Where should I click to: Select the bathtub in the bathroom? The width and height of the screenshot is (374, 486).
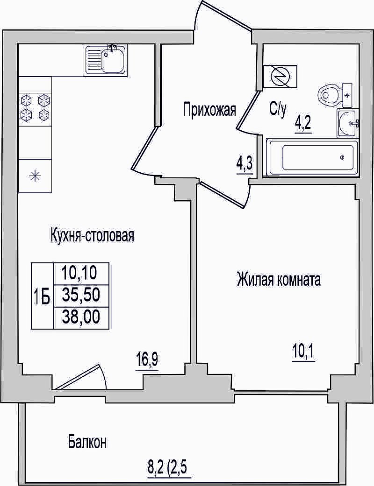[x=312, y=158]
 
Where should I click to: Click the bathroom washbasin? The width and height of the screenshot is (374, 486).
[x=347, y=123]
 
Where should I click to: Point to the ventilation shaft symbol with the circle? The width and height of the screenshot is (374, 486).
[x=280, y=76]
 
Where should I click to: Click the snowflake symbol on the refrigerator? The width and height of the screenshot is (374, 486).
[x=35, y=176]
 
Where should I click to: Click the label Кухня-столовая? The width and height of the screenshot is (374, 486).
[x=92, y=236]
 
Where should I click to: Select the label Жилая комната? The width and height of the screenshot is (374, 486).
[x=279, y=280]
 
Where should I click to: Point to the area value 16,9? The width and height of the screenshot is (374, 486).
[x=147, y=360]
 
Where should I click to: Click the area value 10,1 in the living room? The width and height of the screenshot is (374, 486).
[x=303, y=352]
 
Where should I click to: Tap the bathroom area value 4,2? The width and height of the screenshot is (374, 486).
[x=303, y=125]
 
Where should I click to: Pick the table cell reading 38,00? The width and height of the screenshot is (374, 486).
[x=81, y=317]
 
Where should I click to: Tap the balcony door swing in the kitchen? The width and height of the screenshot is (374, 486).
[x=82, y=377]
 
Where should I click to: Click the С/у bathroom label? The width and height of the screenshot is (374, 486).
[x=278, y=110]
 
